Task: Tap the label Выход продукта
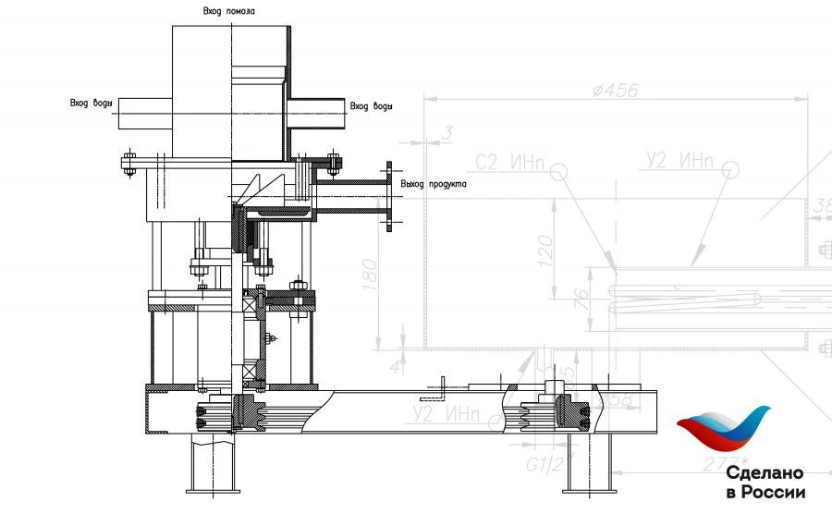[x=433, y=184]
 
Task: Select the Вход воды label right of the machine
[x=371, y=106]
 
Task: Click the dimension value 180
[x=371, y=275]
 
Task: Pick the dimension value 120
[x=544, y=247]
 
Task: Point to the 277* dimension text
[x=724, y=460]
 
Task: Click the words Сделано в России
[x=765, y=483]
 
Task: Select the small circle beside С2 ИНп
[x=557, y=170]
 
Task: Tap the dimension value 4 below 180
[x=397, y=367]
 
